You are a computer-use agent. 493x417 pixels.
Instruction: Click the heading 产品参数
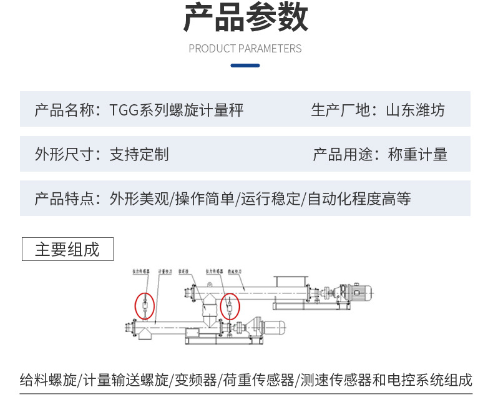(245, 18)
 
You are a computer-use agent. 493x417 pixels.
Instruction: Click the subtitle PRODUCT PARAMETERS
(245, 49)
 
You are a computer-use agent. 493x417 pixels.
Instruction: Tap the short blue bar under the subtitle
(245, 65)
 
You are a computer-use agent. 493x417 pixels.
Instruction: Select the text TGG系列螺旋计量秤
(177, 110)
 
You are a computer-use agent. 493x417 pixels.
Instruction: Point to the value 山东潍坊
(416, 110)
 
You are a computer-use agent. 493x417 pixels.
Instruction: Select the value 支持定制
(139, 154)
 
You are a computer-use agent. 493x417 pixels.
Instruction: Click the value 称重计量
(418, 154)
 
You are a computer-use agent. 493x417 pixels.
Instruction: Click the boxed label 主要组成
(67, 249)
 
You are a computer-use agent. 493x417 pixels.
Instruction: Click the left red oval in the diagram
(144, 306)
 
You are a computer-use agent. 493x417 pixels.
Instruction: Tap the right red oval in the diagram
(230, 306)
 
